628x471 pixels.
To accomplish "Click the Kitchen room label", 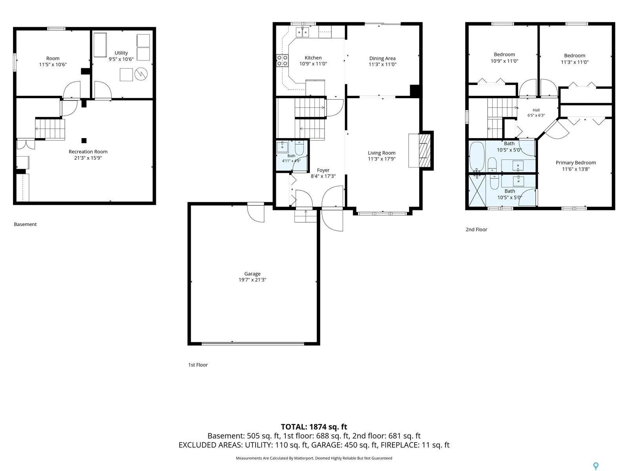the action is [313, 58].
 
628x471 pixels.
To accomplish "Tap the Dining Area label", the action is [382, 58].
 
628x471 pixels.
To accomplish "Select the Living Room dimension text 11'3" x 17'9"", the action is [382, 159].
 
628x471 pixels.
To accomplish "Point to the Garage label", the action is [252, 274].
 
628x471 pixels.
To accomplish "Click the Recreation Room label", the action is [88, 152].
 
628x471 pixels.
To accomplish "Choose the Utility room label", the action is [121, 53].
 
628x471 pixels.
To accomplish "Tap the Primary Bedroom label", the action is [576, 163].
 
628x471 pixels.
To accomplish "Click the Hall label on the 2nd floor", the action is [536, 110].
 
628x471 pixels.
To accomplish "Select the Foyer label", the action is [323, 170].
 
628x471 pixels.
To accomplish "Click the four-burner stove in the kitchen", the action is [282, 60].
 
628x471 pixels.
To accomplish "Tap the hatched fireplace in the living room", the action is [425, 150].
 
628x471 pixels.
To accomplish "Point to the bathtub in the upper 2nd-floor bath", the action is [477, 157].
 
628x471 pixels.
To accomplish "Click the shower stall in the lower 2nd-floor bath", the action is [477, 190].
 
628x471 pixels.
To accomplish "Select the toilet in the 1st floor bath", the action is [299, 148].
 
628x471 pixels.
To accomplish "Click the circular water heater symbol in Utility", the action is [141, 74].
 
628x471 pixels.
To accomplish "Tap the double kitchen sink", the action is [302, 32].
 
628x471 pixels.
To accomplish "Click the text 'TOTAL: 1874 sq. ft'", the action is [314, 427].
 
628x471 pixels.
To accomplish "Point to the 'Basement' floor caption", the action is [25, 225].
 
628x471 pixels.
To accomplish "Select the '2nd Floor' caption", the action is [476, 229].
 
